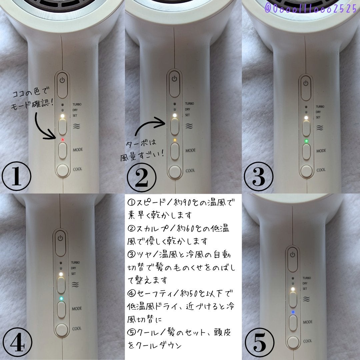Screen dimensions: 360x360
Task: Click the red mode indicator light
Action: pos(62,140)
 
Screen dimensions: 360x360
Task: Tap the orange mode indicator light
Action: pos(175,140)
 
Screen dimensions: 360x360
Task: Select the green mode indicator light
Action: pos(306,141)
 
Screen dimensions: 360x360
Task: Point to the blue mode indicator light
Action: pos(293,312)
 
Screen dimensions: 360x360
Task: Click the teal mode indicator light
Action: pos(61,298)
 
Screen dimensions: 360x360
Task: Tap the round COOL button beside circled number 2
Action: pos(175,172)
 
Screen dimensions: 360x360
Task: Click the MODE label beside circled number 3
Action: pos(321,151)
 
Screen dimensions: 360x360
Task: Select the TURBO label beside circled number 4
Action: pos(75,262)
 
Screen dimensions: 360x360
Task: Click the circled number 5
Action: pos(260,343)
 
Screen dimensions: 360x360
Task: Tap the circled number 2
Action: pos(142,177)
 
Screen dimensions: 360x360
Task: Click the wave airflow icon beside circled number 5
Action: pos(307,299)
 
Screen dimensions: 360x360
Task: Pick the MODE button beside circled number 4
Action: pos(61,310)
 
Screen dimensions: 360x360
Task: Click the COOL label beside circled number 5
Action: pos(307,341)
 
